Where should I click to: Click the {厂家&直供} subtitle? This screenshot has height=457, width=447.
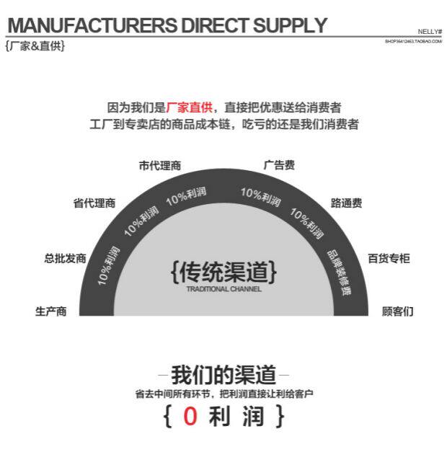coord(35,46)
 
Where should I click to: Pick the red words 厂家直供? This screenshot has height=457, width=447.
coord(190,107)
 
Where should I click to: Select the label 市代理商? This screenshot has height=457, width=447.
coord(159,165)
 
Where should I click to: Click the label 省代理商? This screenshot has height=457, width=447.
coord(94,203)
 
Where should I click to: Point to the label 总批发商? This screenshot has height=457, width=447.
coord(65,258)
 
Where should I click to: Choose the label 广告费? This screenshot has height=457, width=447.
coord(279,165)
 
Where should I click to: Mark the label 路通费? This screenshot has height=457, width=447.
coord(346,203)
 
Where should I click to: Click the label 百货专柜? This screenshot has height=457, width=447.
coord(388,258)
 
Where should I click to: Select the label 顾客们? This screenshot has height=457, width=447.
coord(397,311)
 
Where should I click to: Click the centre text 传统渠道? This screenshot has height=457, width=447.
coord(223,272)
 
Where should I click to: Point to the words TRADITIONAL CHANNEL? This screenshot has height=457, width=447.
coord(223,289)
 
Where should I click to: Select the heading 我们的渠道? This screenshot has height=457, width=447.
coord(223,375)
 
